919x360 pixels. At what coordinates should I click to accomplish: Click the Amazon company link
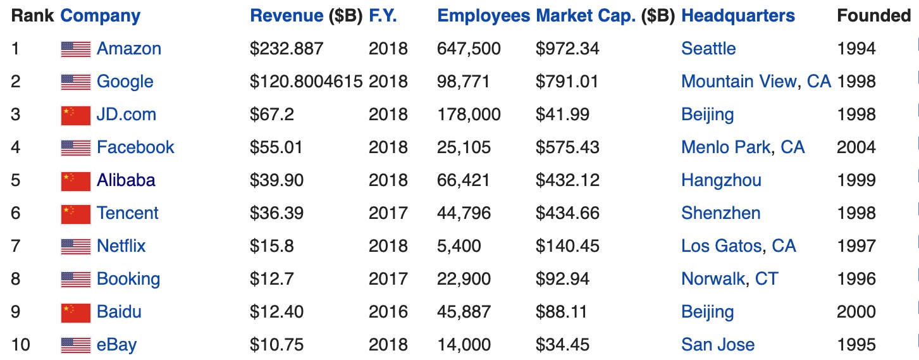[x=128, y=49]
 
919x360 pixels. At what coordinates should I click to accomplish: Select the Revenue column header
[x=287, y=16]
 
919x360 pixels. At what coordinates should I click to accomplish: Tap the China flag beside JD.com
[x=76, y=115]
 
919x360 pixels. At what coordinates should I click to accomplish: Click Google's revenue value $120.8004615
[x=306, y=82]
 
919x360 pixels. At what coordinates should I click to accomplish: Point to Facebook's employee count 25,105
[x=464, y=147]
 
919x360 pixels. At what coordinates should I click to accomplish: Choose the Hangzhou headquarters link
[x=721, y=180]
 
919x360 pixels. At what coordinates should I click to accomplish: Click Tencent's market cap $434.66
[x=567, y=213]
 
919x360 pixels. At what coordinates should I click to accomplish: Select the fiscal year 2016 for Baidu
[x=388, y=312]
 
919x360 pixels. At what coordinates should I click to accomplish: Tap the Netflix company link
[x=121, y=246]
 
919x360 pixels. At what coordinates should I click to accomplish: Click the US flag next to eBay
[x=76, y=345]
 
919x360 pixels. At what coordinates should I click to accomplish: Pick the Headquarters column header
[x=738, y=16]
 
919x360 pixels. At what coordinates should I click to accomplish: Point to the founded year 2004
[x=856, y=147]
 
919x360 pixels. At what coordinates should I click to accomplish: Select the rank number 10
[x=20, y=345]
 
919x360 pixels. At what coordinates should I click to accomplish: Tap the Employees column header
[x=483, y=16]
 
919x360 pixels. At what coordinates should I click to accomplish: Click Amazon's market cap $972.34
[x=567, y=49]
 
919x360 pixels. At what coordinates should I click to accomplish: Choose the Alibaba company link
[x=126, y=180]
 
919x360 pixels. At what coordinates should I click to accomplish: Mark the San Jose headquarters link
[x=718, y=345]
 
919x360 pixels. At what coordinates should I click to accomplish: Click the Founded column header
[x=873, y=16]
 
